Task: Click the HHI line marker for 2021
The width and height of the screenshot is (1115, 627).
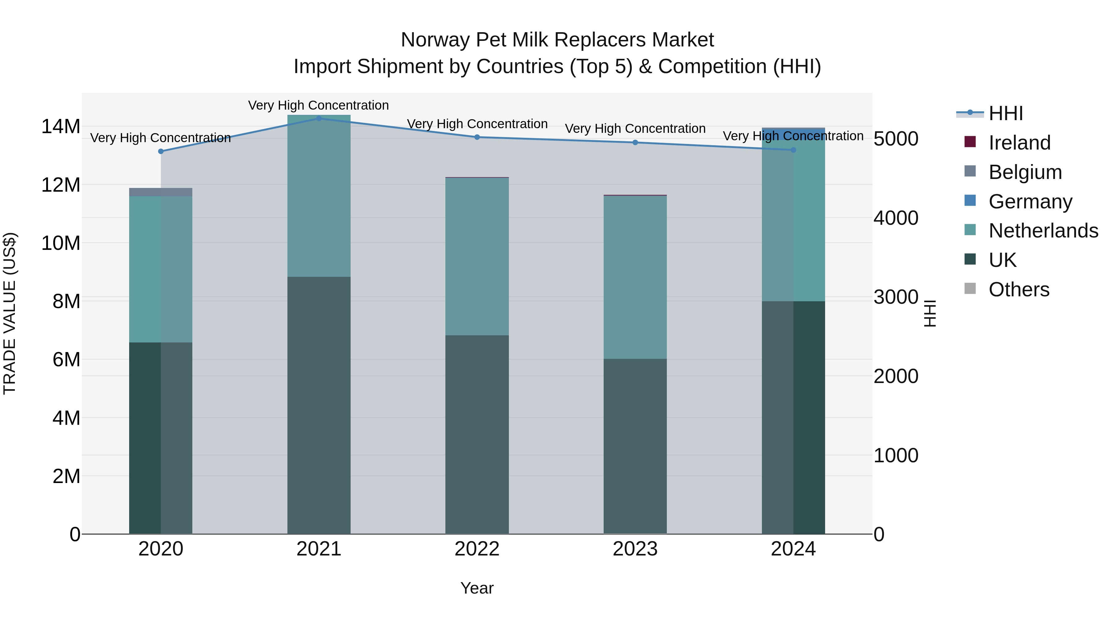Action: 319,118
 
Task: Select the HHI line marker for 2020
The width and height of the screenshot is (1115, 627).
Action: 160,151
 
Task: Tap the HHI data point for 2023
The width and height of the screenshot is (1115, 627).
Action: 635,142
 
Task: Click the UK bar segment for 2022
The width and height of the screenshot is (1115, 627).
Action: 477,434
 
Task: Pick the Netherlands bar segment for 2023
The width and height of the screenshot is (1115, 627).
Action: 635,277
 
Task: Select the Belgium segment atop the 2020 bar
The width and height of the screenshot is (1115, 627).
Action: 160,192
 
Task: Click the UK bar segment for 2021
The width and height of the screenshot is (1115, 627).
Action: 319,405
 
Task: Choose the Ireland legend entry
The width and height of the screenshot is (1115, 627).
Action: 1019,143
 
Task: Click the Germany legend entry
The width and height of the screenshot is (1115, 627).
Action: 1030,202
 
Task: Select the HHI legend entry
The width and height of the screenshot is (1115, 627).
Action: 1005,113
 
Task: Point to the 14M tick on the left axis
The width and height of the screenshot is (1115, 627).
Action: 61,127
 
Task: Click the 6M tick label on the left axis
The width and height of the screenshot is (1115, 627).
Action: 66,359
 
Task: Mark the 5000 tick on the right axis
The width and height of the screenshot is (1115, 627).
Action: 895,139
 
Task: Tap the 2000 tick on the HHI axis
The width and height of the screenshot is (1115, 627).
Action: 895,376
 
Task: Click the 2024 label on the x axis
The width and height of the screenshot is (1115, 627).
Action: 793,549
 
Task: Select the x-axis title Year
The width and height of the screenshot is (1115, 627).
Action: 477,588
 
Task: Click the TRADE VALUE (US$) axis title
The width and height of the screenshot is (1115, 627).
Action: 10,313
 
